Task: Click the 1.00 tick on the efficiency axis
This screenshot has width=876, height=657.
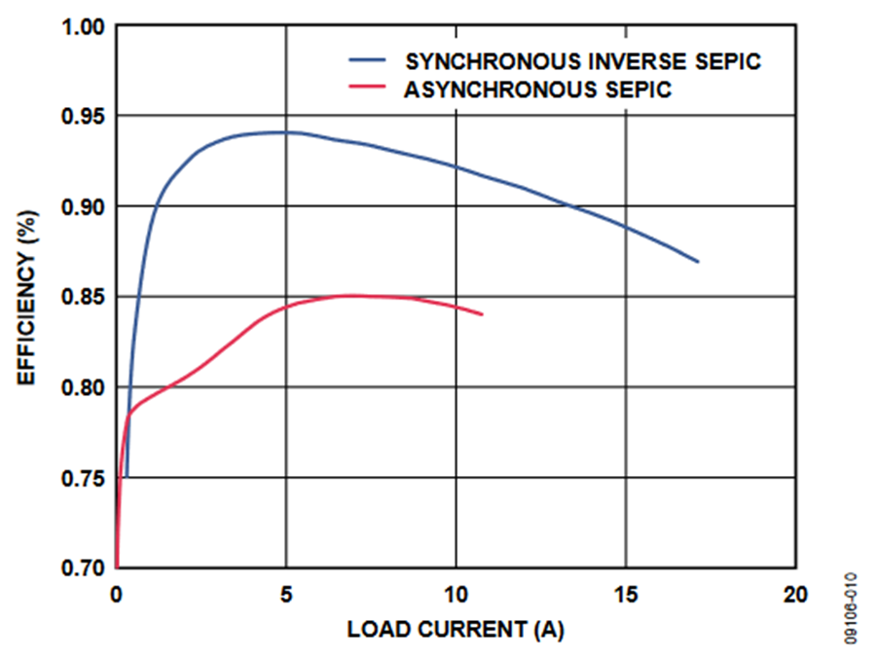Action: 83,26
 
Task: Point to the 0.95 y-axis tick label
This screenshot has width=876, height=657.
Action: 83,117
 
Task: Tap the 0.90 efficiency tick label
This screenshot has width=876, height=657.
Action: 83,207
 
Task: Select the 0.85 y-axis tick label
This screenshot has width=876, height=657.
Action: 83,297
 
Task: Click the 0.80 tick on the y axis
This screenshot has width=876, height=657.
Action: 83,387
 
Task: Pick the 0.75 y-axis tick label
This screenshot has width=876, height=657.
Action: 83,478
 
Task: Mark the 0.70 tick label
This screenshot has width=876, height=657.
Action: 83,567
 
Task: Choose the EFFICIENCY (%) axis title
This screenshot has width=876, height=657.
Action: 27,296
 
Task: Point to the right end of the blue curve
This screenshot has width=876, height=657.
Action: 698,262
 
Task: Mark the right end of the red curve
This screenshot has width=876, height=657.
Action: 482,313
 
